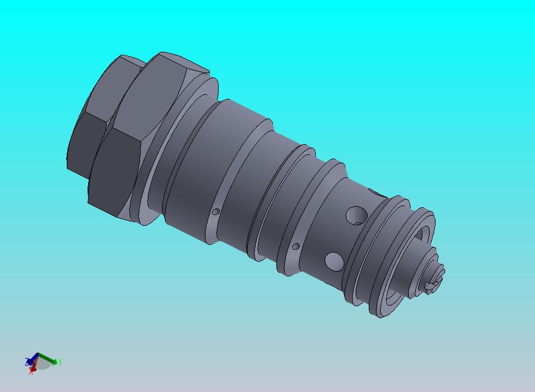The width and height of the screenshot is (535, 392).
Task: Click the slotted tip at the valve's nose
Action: point(434,284)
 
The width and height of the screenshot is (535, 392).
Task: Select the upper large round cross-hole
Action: point(357,214)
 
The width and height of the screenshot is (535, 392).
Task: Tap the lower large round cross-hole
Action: point(334,260)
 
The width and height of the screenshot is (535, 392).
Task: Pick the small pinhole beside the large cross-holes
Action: point(296,246)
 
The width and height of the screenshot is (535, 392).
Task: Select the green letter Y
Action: point(60,362)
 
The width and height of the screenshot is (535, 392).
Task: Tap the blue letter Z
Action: point(27,362)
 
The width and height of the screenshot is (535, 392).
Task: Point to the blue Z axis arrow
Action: point(33,359)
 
